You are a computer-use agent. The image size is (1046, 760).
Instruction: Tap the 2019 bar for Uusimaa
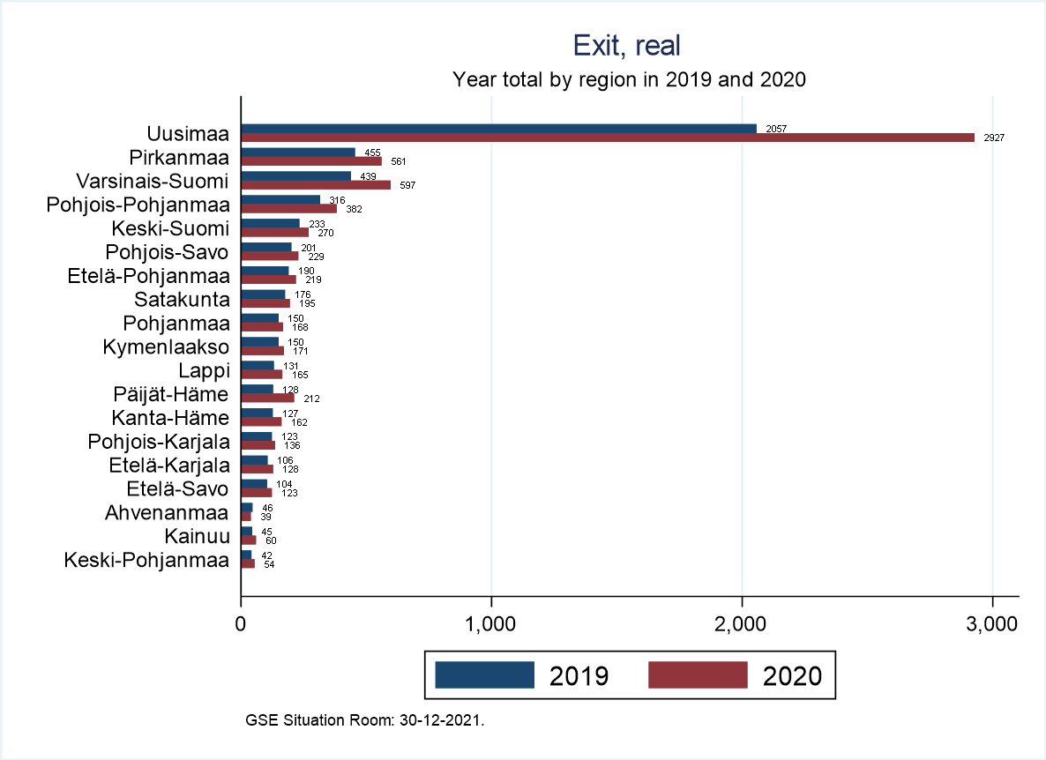[x=498, y=129]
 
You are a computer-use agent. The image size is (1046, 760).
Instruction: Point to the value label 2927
[x=994, y=138]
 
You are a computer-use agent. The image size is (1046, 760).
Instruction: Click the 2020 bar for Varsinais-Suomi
[x=316, y=185]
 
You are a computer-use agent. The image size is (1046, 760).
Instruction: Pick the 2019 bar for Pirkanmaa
[x=298, y=153]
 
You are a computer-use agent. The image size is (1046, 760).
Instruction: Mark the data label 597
[x=407, y=186]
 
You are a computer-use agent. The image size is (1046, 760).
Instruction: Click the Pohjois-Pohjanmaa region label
[x=138, y=205]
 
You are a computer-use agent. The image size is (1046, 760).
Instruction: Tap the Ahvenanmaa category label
[x=166, y=512]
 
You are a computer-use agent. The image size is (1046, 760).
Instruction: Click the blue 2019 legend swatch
[x=485, y=674]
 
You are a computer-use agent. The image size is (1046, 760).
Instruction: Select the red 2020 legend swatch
[x=698, y=674]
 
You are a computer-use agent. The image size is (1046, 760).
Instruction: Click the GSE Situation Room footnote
[x=365, y=720]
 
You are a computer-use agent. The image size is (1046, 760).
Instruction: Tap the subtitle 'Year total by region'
[x=630, y=79]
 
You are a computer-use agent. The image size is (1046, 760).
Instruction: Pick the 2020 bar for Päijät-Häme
[x=267, y=398]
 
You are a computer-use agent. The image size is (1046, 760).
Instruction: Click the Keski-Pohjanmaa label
[x=146, y=560]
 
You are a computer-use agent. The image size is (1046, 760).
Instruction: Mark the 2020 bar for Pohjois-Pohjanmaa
[x=288, y=209]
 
